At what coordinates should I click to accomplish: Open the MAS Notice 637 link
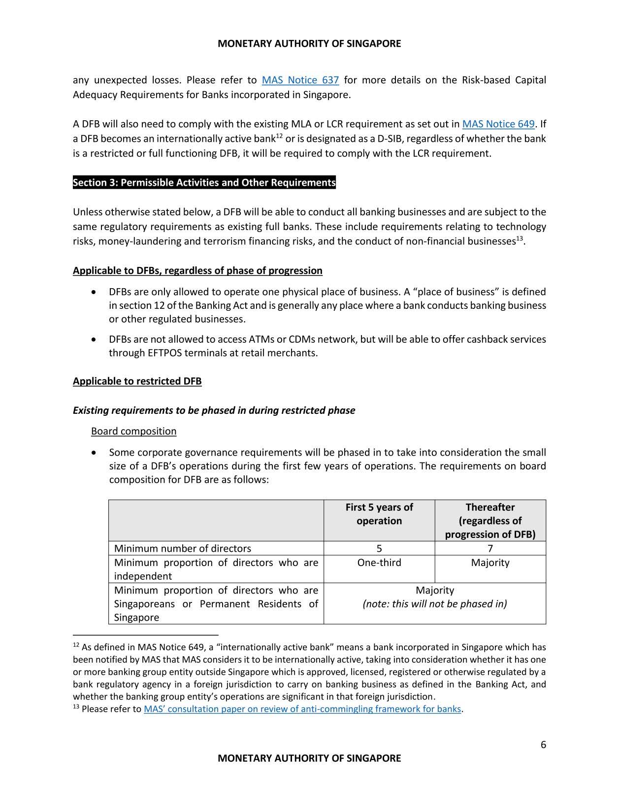coord(300,80)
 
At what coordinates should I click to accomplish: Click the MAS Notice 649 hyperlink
coord(498,124)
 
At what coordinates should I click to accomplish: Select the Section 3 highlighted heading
coord(204,183)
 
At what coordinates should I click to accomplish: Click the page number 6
coord(543,744)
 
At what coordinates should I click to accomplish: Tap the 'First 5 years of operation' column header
coord(379,514)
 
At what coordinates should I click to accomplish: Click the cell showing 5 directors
coord(379,548)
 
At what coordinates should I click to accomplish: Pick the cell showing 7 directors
coord(490,548)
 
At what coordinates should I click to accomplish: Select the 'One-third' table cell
coord(379,563)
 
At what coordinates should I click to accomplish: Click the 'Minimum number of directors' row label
coord(183,548)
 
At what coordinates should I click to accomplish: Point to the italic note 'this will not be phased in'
coord(435,604)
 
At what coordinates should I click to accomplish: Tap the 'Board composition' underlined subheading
coord(133,432)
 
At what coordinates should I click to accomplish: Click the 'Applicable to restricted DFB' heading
coord(137,381)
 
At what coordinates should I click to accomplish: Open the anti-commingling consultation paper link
coord(302,709)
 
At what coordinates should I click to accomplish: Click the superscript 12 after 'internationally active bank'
coord(279,136)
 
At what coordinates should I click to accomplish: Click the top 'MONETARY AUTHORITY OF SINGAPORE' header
coord(309,43)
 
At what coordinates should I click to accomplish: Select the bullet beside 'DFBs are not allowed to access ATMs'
coord(94,339)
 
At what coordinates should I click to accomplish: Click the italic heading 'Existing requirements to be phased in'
coord(214,410)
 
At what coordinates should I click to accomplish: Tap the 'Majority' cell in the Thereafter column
coord(490,563)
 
